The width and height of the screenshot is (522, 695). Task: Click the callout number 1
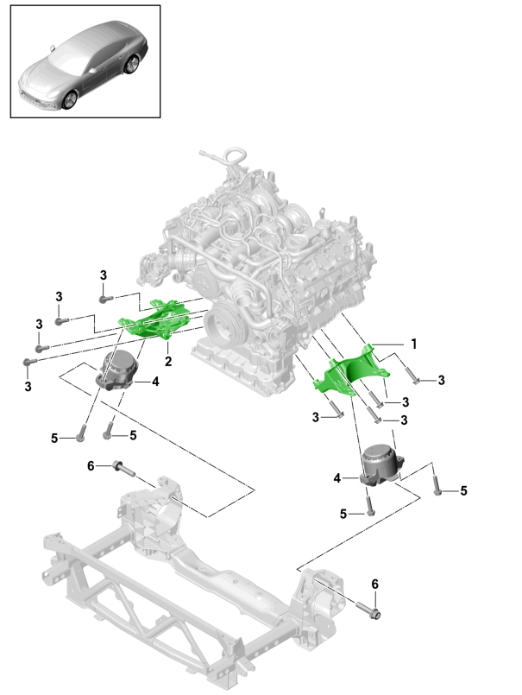pyautogui.click(x=413, y=343)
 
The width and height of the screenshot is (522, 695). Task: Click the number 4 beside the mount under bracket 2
pyautogui.click(x=155, y=381)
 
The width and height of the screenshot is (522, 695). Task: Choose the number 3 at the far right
pyautogui.click(x=442, y=380)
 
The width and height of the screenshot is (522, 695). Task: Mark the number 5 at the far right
pyautogui.click(x=462, y=490)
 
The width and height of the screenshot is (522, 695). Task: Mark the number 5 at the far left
pyautogui.click(x=53, y=439)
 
